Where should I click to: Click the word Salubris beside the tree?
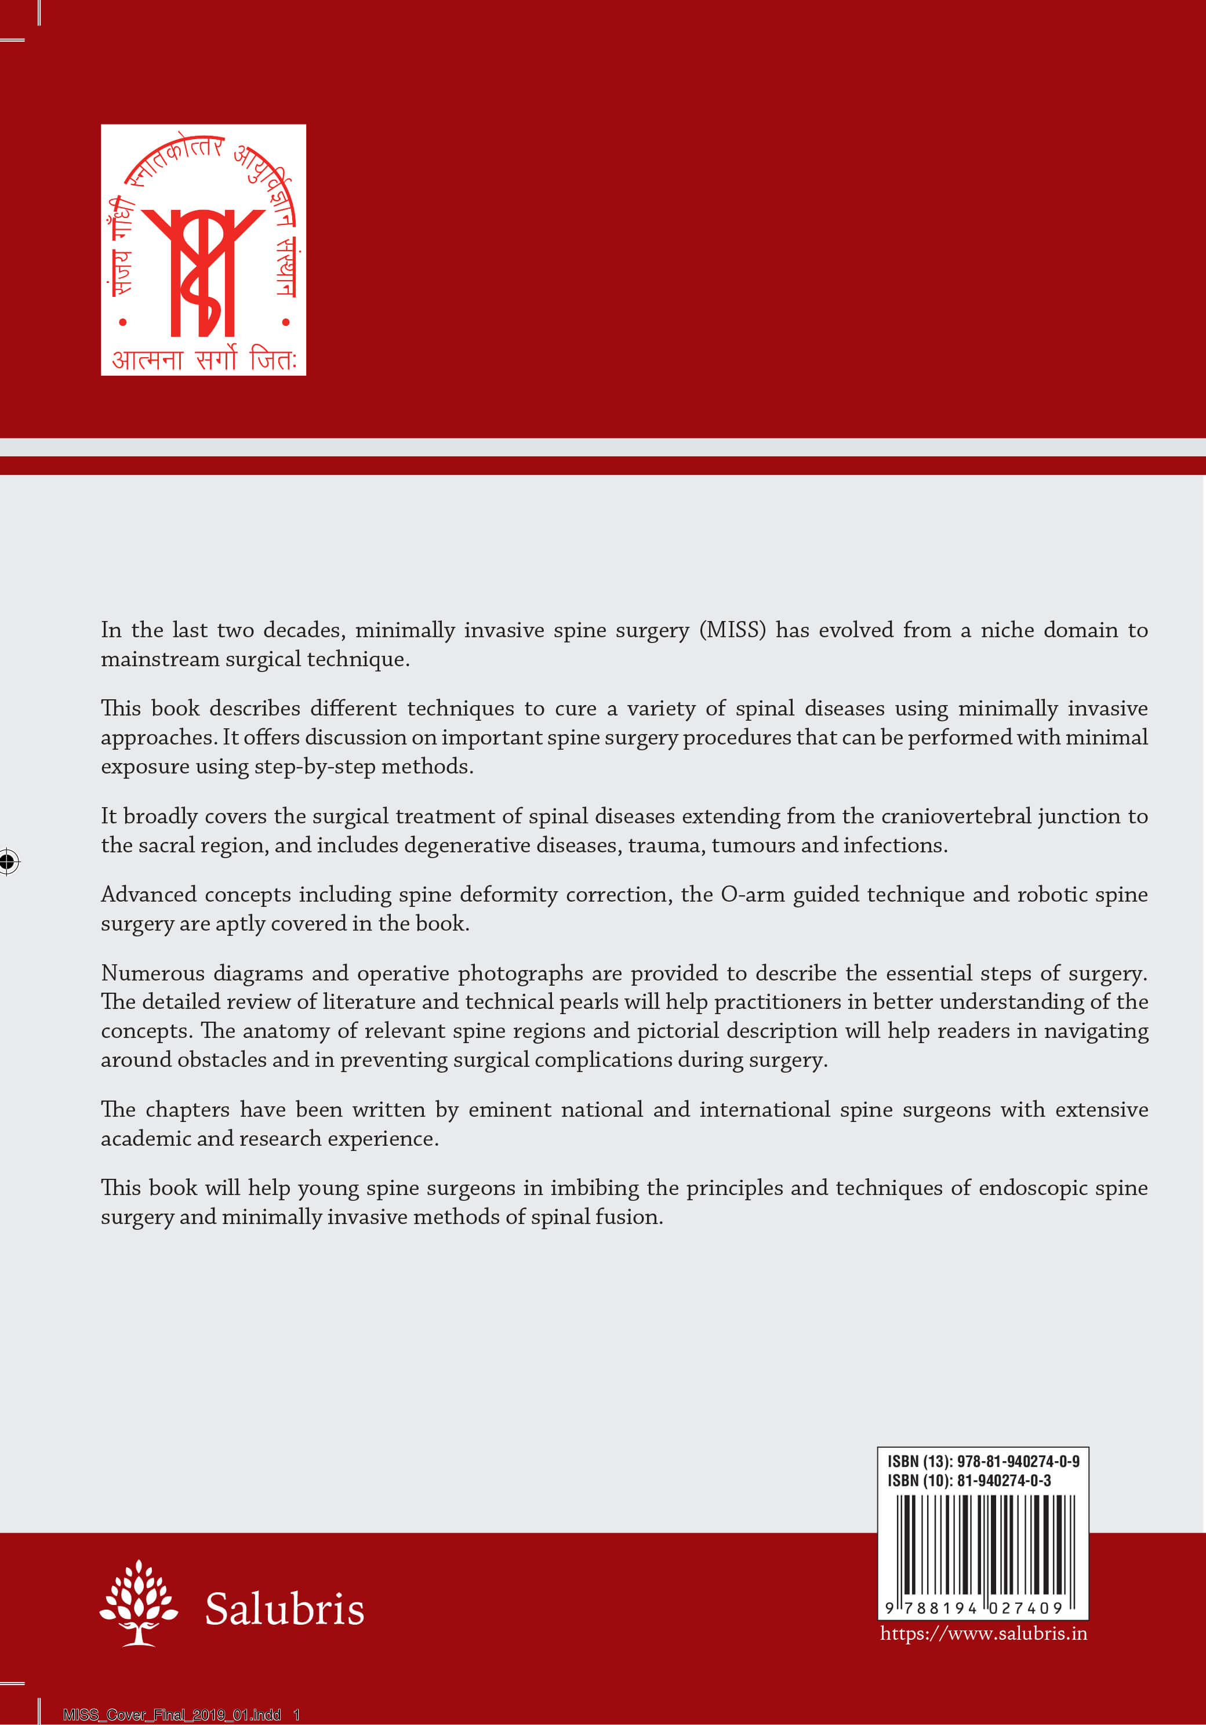pyautogui.click(x=284, y=1610)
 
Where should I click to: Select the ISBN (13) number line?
pyautogui.click(x=983, y=1461)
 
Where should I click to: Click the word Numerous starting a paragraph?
pyautogui.click(x=152, y=973)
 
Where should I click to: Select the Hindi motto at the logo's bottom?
pyautogui.click(x=204, y=359)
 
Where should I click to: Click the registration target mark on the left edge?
pyautogui.click(x=8, y=861)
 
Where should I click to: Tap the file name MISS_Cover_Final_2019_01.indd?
pyautogui.click(x=172, y=1715)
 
